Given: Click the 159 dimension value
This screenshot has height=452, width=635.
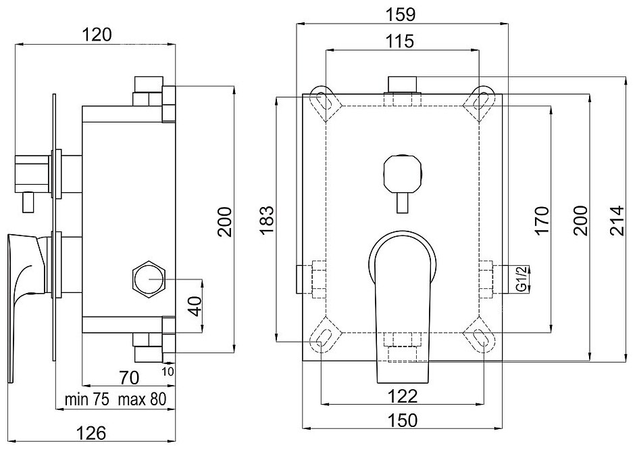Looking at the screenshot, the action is point(401,13).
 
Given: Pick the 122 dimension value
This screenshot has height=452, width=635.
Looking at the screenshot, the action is point(402,394).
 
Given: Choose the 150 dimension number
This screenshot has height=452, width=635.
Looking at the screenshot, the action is point(402,420).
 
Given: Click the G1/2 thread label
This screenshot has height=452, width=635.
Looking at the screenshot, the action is point(522,278).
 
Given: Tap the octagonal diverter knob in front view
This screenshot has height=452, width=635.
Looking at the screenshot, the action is point(401,170).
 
